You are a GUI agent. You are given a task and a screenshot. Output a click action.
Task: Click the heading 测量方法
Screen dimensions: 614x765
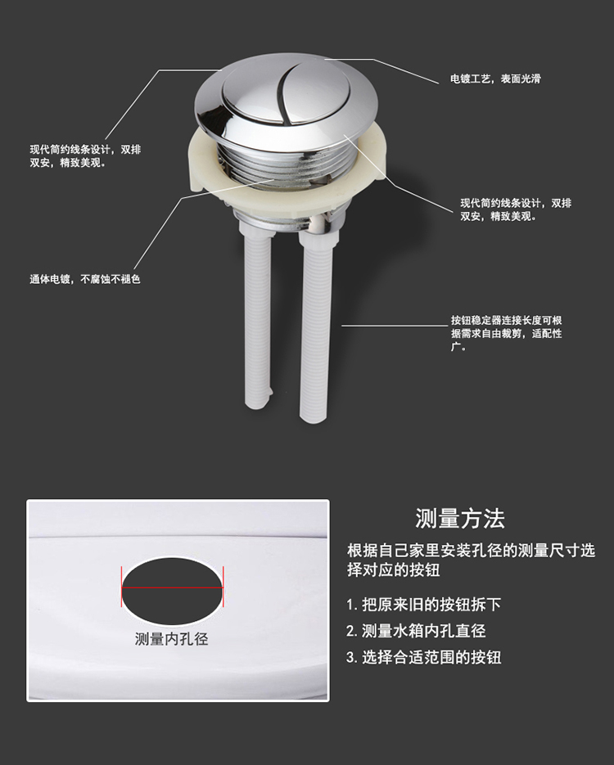[x=460, y=518]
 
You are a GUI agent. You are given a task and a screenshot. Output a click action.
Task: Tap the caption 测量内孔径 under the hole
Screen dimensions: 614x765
[x=171, y=639]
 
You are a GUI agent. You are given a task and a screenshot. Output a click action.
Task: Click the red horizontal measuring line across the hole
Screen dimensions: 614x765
[x=172, y=587]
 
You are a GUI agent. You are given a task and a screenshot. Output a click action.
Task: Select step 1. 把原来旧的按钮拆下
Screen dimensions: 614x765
[x=423, y=605]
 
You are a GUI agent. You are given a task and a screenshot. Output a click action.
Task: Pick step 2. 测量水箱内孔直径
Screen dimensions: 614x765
[x=416, y=631]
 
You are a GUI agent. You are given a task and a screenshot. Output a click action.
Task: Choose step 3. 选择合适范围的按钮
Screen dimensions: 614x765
[x=423, y=657]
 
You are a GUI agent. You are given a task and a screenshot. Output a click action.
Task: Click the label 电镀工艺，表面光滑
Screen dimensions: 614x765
[x=495, y=79]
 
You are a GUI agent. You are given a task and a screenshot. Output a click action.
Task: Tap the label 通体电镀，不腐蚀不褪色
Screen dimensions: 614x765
[x=85, y=279]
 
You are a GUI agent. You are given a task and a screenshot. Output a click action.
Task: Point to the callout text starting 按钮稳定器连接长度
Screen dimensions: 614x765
[x=506, y=334]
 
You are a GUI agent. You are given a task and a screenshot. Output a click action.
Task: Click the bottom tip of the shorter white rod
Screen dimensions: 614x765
[x=257, y=403]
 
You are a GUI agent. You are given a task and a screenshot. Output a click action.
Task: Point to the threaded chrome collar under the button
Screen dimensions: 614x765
[x=288, y=164]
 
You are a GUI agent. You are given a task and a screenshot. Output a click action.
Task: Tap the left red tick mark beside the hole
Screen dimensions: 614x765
[x=121, y=587]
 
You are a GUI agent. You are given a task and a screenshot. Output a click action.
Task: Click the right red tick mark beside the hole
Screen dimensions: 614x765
[x=223, y=587]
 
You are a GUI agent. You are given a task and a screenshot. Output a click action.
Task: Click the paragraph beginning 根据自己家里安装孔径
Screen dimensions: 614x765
[x=471, y=560]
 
